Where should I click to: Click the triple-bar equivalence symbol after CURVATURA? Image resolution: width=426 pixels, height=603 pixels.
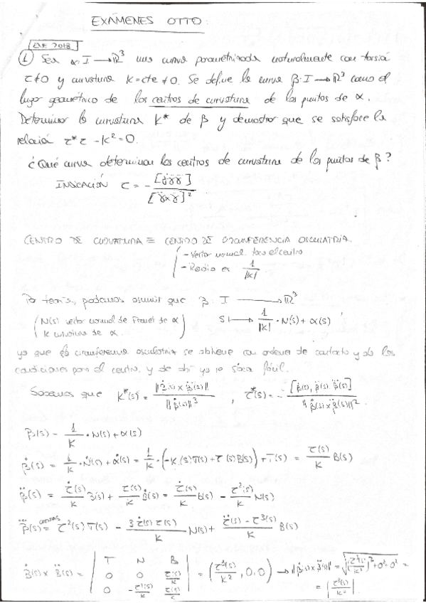point(142,240)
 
